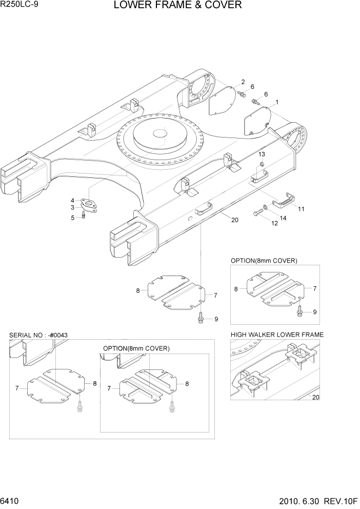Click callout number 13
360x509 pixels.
pyautogui.click(x=262, y=154)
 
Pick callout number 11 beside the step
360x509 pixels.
pyautogui.click(x=301, y=209)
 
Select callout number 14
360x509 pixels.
pyautogui.click(x=283, y=218)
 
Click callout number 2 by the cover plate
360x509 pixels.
pyautogui.click(x=243, y=82)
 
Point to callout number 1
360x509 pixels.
pyautogui.click(x=277, y=102)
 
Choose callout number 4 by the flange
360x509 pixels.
pyautogui.click(x=73, y=200)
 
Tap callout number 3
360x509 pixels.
pyautogui.click(x=73, y=207)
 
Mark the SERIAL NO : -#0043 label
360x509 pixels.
pyautogui.click(x=38, y=335)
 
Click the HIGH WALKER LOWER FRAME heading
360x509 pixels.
pyautogui.click(x=277, y=335)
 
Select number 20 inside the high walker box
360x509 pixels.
pyautogui.click(x=315, y=397)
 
